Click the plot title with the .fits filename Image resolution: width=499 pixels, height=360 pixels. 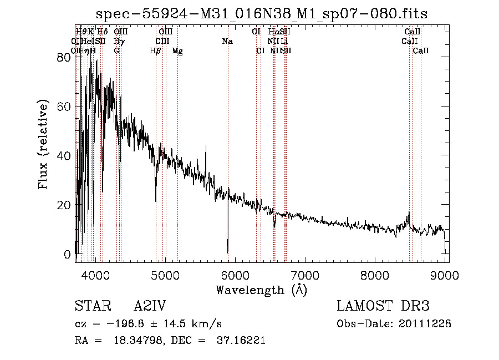pyautogui.click(x=262, y=14)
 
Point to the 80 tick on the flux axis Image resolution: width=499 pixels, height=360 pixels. pyautogui.click(x=65, y=57)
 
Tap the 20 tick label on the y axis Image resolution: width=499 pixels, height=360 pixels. pyautogui.click(x=65, y=205)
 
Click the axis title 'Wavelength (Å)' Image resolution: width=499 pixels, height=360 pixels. pyautogui.click(x=261, y=290)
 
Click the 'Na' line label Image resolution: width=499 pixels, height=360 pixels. pyautogui.click(x=227, y=42)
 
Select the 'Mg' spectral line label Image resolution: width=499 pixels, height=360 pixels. pyautogui.click(x=177, y=51)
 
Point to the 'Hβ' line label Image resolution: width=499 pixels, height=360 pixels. pyautogui.click(x=156, y=51)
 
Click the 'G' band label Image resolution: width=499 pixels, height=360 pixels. pyautogui.click(x=117, y=51)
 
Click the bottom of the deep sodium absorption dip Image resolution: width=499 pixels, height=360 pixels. pyautogui.click(x=227, y=251)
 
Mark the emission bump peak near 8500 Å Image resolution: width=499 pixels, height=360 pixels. pyautogui.click(x=409, y=212)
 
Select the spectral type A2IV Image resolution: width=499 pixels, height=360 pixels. pyautogui.click(x=150, y=306)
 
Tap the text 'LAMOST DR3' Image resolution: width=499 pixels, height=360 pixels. pyautogui.click(x=383, y=306)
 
